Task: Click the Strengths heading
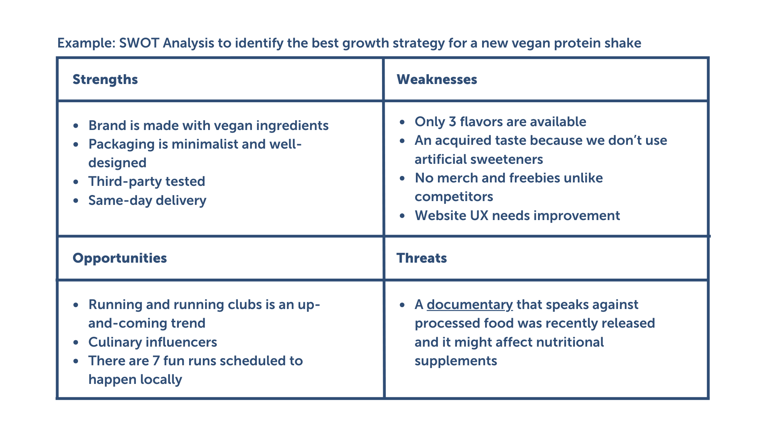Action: click(x=105, y=79)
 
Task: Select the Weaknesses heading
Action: click(x=436, y=79)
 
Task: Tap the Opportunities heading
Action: click(x=119, y=258)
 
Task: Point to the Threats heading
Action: click(x=421, y=258)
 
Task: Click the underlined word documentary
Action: click(x=470, y=304)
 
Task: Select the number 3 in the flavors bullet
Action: click(x=452, y=122)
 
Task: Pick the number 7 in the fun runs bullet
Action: click(x=156, y=361)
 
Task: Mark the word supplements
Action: click(x=455, y=361)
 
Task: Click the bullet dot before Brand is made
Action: click(x=76, y=126)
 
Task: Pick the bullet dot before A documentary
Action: click(x=403, y=305)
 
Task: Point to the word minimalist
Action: click(x=205, y=144)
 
